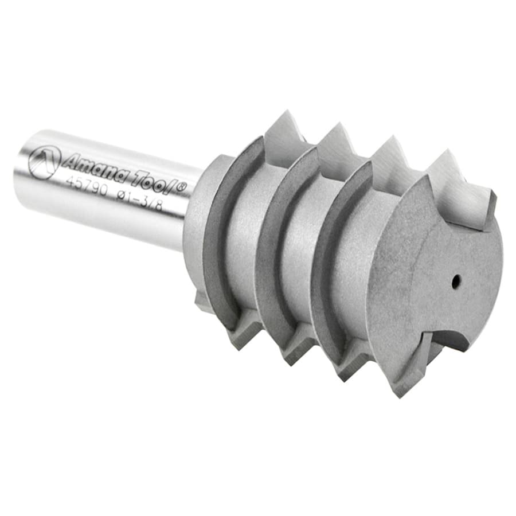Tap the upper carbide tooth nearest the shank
pyautogui.click(x=283, y=133)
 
